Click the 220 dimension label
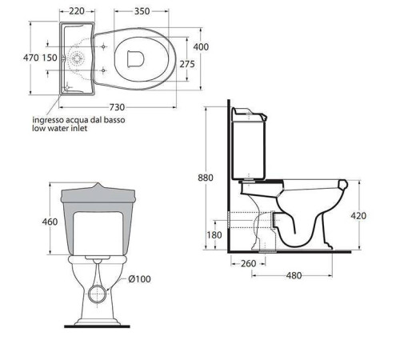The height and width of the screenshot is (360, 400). click(x=77, y=11)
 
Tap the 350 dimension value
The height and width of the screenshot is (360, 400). click(x=142, y=11)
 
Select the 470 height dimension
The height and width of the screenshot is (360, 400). click(x=31, y=58)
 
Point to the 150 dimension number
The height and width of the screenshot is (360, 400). click(x=50, y=58)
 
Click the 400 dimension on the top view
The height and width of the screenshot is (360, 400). click(x=201, y=47)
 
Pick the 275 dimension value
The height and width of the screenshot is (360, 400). click(x=187, y=64)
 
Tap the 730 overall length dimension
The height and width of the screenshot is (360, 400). click(x=117, y=107)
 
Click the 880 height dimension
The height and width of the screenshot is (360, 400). click(x=206, y=178)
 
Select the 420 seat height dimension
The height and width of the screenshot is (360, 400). click(x=358, y=215)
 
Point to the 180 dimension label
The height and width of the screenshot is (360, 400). click(x=214, y=235)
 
